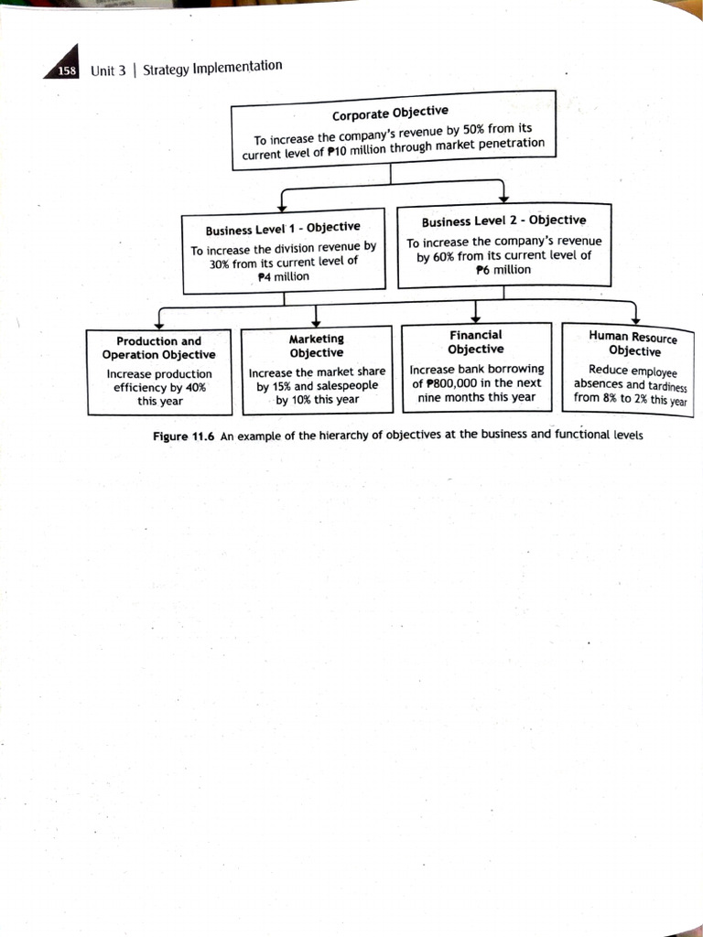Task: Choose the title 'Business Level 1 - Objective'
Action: coord(283,228)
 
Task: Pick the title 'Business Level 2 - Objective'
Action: coord(503,221)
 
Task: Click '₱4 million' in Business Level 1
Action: coord(283,276)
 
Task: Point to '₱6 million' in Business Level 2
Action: coord(503,270)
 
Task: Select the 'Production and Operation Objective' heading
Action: coord(159,348)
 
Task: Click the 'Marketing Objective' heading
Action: coord(316,346)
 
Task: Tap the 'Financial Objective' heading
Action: coord(475,342)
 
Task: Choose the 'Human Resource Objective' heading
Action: coord(633,344)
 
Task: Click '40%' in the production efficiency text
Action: coord(194,387)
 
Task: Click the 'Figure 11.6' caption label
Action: coord(183,436)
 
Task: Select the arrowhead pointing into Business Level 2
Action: coord(503,201)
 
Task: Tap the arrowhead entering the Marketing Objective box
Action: coord(315,322)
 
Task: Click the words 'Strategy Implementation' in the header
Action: coord(212,67)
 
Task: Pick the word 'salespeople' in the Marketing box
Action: coord(347,386)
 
